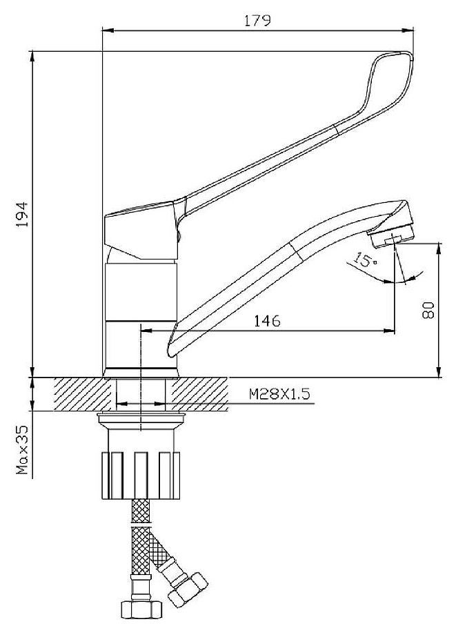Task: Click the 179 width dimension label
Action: (257, 20)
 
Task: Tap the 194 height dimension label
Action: (22, 214)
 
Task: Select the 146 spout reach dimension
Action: (267, 321)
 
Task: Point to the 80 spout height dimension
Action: (428, 310)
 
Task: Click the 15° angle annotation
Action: (365, 260)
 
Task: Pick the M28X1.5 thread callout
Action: (279, 393)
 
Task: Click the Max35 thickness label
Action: (22, 449)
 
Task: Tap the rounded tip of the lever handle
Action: (406, 55)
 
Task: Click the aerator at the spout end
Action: (391, 237)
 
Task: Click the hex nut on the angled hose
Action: (188, 589)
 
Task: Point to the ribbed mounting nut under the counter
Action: (141, 475)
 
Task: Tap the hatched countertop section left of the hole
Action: (82, 394)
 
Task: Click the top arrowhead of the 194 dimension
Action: (32, 57)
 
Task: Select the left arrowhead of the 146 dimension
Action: (146, 331)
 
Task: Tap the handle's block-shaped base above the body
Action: (141, 231)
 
